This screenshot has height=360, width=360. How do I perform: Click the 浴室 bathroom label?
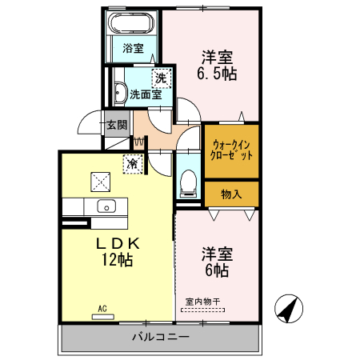pos(133,48)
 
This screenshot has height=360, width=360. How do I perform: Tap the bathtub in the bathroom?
pos(133,22)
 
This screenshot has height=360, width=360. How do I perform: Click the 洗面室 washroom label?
pos(146,94)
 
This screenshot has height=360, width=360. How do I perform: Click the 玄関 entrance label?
pos(117,125)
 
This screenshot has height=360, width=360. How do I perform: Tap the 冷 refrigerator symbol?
pos(132,164)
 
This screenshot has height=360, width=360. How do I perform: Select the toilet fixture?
pos(189,182)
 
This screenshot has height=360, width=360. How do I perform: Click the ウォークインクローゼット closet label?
pos(232,150)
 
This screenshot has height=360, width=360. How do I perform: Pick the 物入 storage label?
pos(231,194)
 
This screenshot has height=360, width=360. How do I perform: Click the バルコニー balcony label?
pos(160,338)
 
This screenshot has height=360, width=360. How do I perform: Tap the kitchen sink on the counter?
pos(106,206)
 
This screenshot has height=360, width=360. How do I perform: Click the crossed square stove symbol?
pos(101,182)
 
